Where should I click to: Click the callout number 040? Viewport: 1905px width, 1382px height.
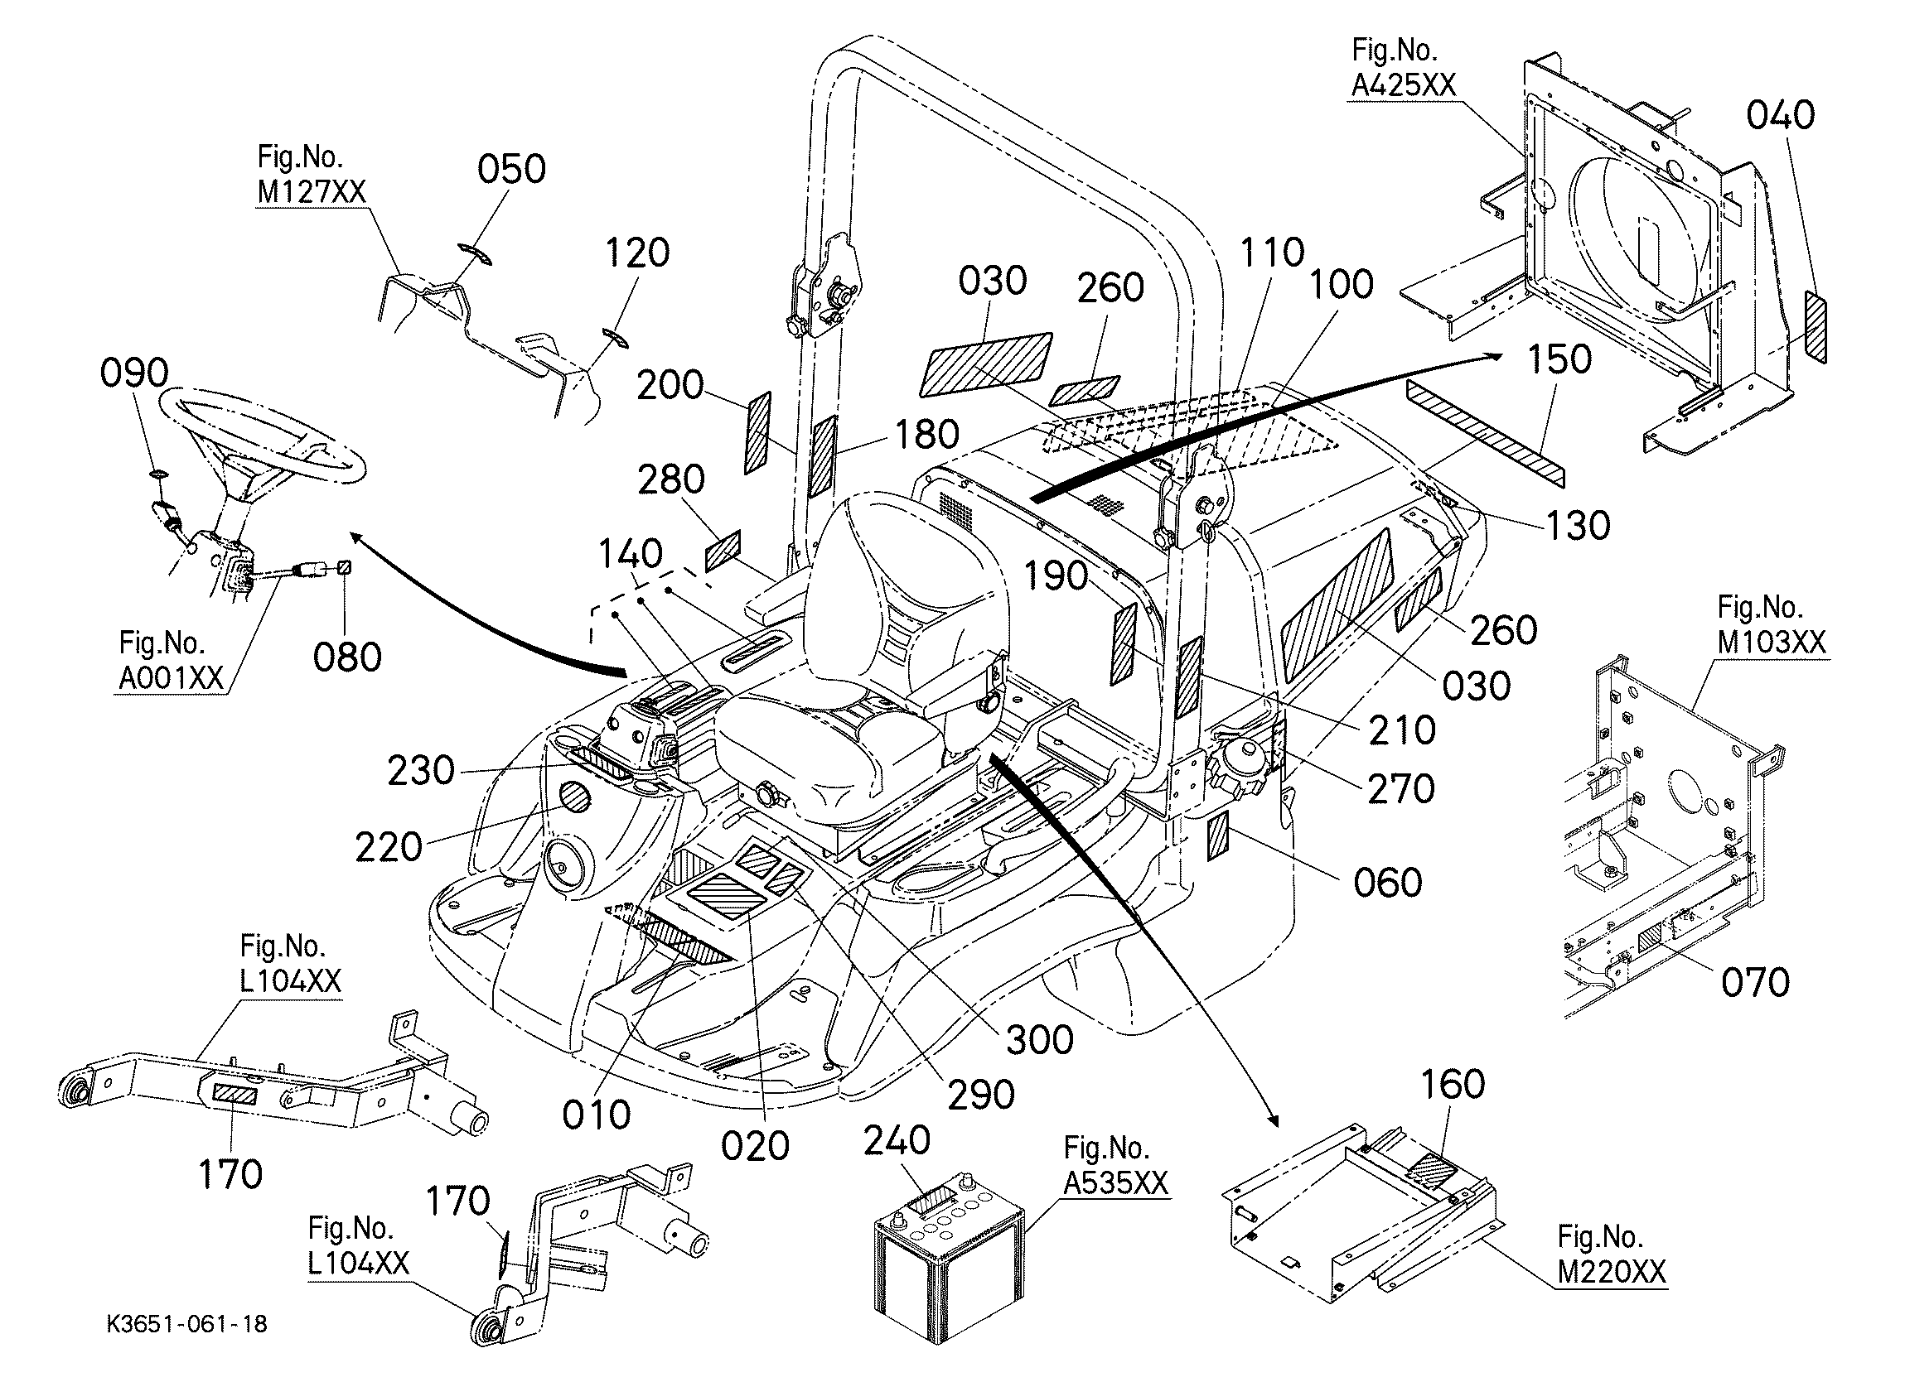click(x=1781, y=116)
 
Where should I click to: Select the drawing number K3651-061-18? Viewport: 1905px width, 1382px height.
click(x=187, y=1324)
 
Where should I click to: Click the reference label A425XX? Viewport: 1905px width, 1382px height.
click(x=1403, y=84)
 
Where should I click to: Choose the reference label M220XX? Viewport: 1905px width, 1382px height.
click(x=1612, y=1272)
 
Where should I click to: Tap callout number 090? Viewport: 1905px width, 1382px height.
click(x=134, y=373)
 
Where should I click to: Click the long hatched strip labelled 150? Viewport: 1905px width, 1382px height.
click(x=1486, y=431)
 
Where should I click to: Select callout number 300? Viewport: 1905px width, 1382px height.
click(x=1040, y=1040)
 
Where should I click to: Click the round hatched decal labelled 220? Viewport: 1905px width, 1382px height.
click(x=575, y=797)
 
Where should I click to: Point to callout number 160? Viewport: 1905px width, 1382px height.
click(x=1453, y=1084)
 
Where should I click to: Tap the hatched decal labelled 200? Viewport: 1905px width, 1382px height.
click(x=757, y=432)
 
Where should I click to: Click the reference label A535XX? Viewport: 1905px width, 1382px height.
click(x=1115, y=1183)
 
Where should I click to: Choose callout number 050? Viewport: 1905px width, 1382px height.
click(x=511, y=170)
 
